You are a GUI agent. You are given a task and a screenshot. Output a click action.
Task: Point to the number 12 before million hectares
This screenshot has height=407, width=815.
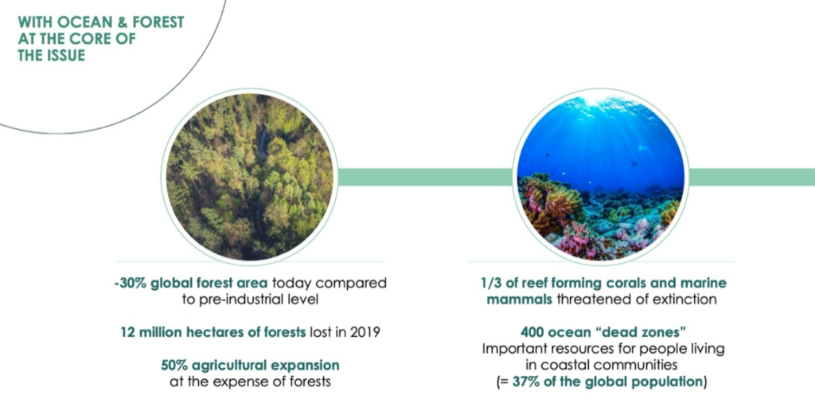coord(127,332)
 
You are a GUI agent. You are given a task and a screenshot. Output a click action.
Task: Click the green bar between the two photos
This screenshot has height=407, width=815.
coord(425,177)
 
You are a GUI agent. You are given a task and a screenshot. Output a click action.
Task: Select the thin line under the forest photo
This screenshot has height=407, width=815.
coord(248,261)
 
